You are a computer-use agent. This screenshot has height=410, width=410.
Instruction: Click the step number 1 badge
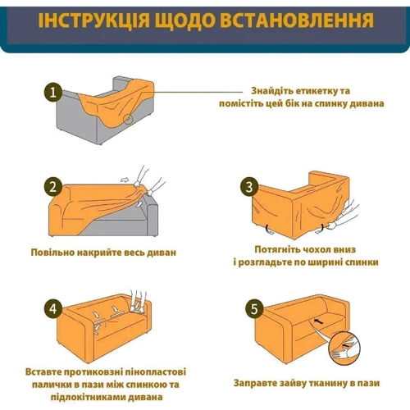[x=53, y=93]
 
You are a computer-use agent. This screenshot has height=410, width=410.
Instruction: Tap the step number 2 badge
[x=53, y=187]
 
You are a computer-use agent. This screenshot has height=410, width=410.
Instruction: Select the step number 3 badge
[x=249, y=187]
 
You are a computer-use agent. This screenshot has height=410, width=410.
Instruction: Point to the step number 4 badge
[x=53, y=309]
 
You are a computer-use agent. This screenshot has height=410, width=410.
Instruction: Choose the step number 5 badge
[x=254, y=309]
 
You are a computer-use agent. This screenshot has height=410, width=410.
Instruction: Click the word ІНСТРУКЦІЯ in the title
[x=93, y=20]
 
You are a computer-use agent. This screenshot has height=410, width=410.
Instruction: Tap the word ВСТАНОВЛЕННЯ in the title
[x=297, y=20]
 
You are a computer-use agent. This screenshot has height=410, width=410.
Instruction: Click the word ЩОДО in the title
[x=184, y=20]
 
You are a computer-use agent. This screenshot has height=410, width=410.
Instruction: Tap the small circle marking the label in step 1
[x=128, y=119]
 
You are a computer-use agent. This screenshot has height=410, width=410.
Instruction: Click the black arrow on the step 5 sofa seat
[x=319, y=321]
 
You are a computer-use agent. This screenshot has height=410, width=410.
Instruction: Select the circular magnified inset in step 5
[x=344, y=347]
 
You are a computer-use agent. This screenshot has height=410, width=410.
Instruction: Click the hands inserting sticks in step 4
[x=138, y=301]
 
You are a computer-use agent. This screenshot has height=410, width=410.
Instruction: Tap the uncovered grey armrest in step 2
[x=153, y=216]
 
